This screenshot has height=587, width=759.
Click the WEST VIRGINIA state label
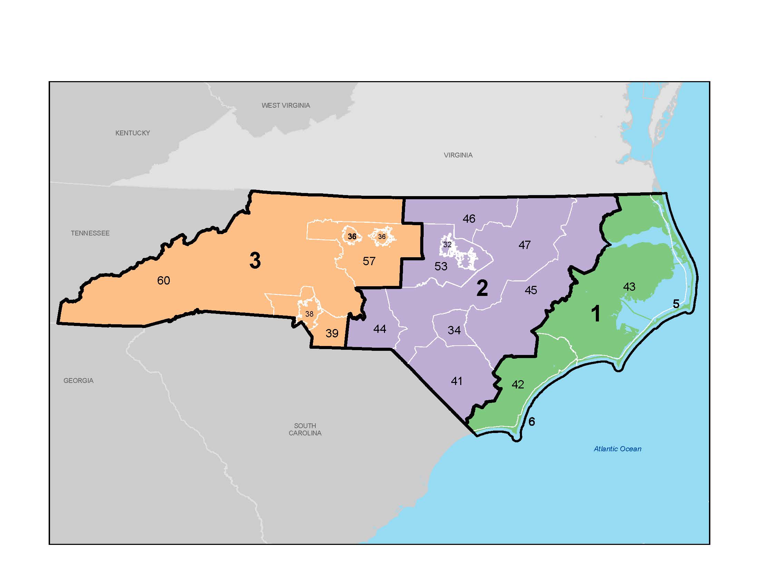click(x=286, y=105)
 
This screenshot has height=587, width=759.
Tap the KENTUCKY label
click(x=132, y=133)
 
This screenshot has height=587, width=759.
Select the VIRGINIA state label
click(x=458, y=155)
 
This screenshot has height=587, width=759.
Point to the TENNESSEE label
click(x=90, y=233)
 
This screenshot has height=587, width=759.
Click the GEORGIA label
click(x=78, y=381)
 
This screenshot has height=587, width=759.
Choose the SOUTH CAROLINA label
click(x=305, y=429)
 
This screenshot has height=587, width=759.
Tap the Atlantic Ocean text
click(x=617, y=449)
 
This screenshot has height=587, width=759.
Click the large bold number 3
click(x=255, y=260)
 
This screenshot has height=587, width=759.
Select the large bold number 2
click(x=482, y=288)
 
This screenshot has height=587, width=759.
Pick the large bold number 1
click(x=596, y=313)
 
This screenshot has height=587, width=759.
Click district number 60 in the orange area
click(x=163, y=280)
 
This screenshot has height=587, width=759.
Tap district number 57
click(x=369, y=261)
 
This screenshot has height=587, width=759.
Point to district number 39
click(x=332, y=333)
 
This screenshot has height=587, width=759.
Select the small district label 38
click(x=309, y=314)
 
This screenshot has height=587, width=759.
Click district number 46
click(x=469, y=218)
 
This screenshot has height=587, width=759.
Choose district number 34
click(x=454, y=330)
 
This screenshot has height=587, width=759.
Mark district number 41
click(x=456, y=381)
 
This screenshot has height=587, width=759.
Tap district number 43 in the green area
click(x=629, y=287)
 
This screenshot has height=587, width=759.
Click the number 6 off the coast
click(x=531, y=422)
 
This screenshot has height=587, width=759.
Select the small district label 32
click(x=447, y=244)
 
